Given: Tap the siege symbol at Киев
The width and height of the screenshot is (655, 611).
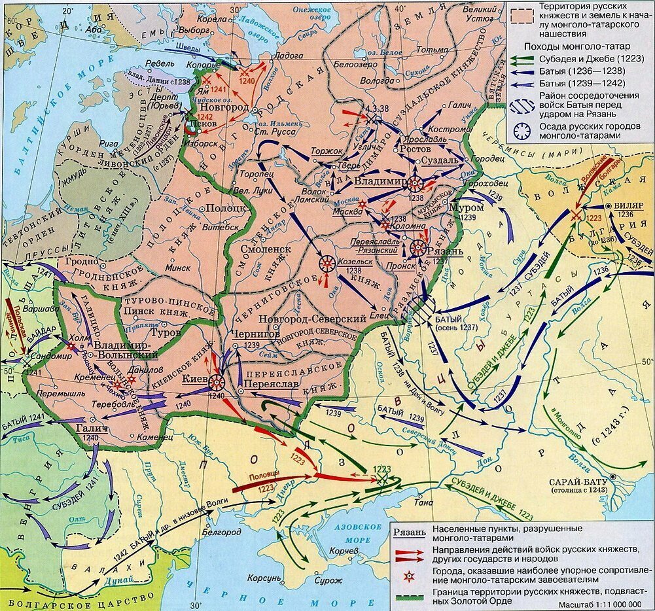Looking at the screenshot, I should (216, 381).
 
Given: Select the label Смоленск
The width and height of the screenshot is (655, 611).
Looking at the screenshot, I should (265, 250).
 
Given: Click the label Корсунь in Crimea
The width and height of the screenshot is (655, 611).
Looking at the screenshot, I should (264, 579).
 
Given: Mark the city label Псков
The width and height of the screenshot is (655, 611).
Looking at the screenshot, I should (197, 123).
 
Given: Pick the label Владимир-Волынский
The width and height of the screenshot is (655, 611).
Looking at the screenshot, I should (124, 349).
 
